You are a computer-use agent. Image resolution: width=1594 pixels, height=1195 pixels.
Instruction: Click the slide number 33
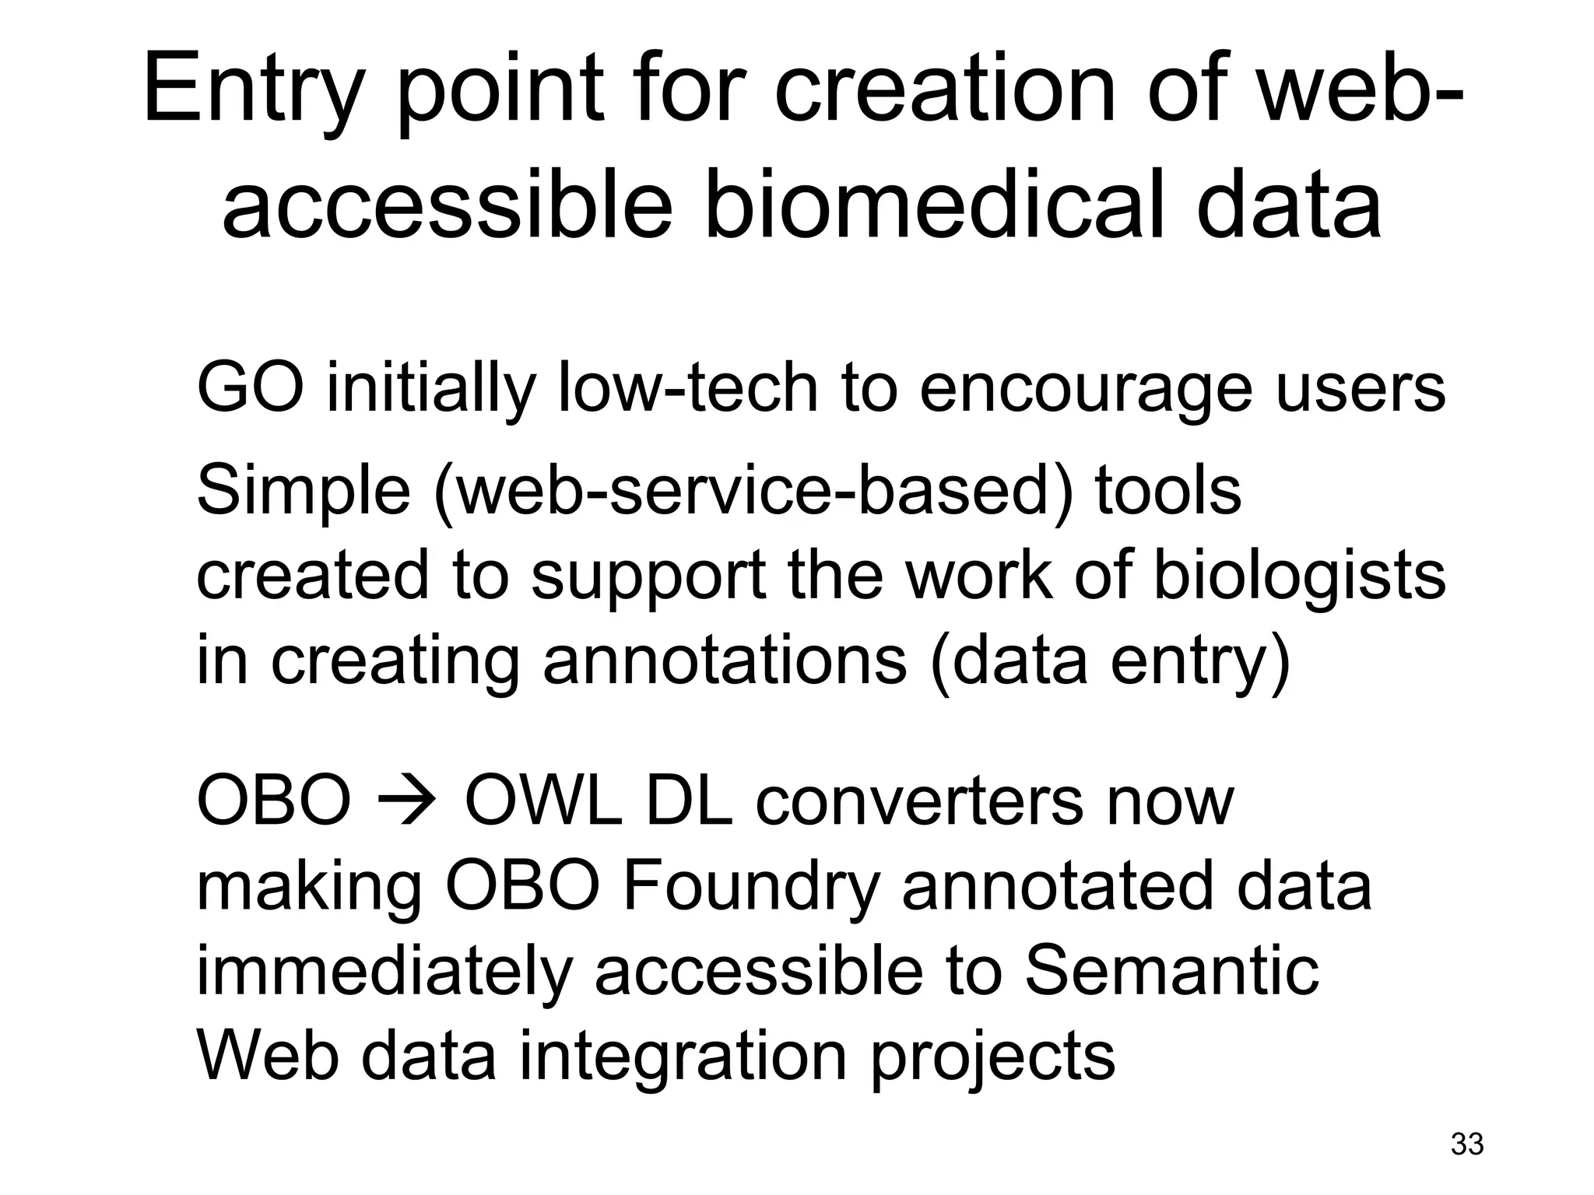[x=1467, y=1144]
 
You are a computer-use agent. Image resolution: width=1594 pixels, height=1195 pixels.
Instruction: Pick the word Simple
[x=304, y=492]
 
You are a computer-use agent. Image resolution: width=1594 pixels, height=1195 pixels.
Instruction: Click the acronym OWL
[x=543, y=801]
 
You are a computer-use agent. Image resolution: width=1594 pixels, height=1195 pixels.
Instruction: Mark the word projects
[x=993, y=1060]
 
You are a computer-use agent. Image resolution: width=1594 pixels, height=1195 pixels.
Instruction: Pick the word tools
[x=1168, y=492]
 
